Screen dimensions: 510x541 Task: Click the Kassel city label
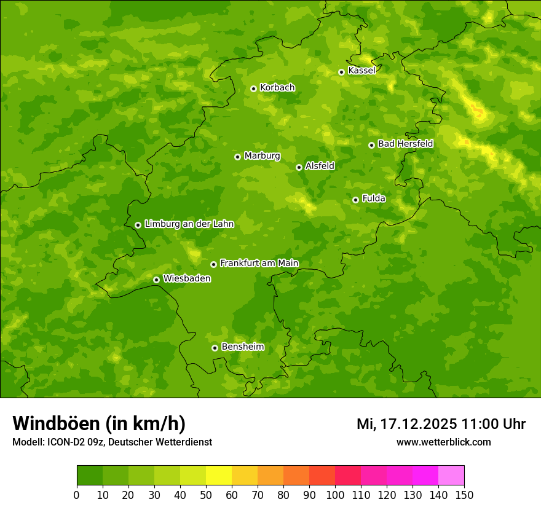point(361,71)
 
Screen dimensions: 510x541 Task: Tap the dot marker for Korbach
point(253,88)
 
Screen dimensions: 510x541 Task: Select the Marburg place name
point(262,156)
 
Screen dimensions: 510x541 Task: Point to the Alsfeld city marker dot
point(299,167)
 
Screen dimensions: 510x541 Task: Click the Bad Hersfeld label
point(405,144)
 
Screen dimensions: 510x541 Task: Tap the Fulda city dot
point(355,200)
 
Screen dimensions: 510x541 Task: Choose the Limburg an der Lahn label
point(189,224)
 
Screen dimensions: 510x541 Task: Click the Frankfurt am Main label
point(259,264)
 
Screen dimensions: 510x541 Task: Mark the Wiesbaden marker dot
point(156,280)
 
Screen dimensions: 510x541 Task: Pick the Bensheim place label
point(242,347)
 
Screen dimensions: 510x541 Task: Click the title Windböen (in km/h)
point(99,423)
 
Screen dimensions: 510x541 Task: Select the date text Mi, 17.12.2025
point(406,424)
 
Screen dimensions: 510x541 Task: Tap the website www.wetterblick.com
point(443,442)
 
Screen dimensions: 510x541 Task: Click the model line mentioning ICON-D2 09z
point(112,442)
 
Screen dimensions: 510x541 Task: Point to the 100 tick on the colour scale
point(335,494)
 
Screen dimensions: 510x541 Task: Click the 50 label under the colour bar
point(206,494)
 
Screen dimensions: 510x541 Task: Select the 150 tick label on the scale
point(464,494)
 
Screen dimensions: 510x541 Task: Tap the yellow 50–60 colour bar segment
point(219,476)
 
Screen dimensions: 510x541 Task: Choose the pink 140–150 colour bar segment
point(451,476)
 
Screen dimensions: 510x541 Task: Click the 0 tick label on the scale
point(77,494)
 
